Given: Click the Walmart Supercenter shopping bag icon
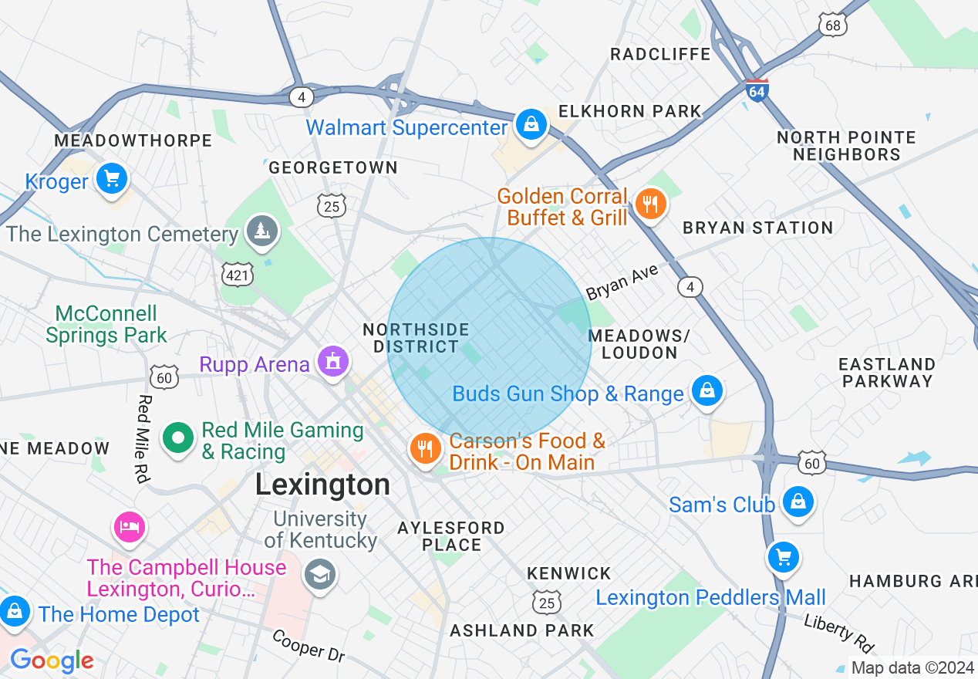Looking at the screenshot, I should click(531, 124).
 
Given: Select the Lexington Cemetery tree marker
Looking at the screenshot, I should click(262, 231).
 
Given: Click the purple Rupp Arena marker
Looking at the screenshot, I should click(333, 362).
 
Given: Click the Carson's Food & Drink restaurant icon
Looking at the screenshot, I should click(424, 448).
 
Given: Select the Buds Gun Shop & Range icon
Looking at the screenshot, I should click(707, 391).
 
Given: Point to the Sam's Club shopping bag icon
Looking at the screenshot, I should click(798, 502).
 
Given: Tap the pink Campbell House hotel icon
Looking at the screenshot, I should click(130, 527).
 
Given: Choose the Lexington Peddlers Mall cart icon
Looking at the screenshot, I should click(784, 556).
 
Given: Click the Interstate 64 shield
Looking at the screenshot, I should click(757, 90).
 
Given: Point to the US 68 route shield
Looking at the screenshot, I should click(834, 25).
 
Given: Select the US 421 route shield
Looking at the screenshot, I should click(237, 274).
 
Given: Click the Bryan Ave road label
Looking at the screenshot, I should click(622, 282).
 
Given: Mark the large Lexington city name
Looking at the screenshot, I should click(322, 485).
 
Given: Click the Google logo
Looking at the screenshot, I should click(52, 660).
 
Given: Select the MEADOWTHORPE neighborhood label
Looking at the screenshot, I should click(133, 140).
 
